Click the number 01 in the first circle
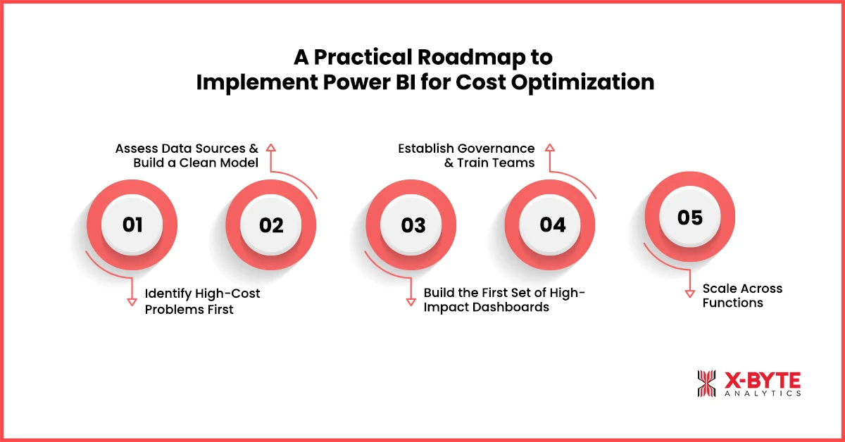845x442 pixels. pyautogui.click(x=132, y=225)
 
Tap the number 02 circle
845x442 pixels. pyautogui.click(x=271, y=225)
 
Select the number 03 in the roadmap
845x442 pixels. pyautogui.click(x=413, y=225)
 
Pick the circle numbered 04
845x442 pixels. pyautogui.click(x=553, y=225)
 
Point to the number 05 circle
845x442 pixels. pyautogui.click(x=690, y=217)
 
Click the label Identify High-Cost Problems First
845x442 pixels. pyautogui.click(x=202, y=301)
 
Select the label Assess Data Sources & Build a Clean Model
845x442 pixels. pyautogui.click(x=187, y=156)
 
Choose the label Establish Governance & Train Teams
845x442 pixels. pyautogui.click(x=466, y=156)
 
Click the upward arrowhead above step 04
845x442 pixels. pyautogui.click(x=550, y=148)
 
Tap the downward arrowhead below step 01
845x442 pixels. pyautogui.click(x=131, y=301)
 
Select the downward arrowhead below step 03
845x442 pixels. pyautogui.click(x=411, y=301)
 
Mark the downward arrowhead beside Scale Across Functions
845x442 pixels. pyautogui.click(x=691, y=293)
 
